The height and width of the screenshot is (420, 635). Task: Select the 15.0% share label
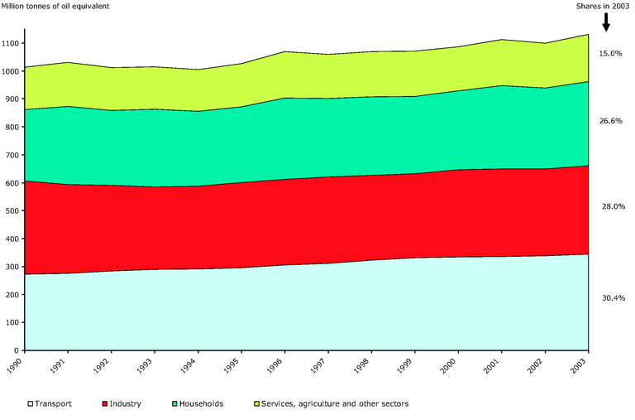(x=610, y=53)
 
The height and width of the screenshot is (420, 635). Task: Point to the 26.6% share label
(x=610, y=120)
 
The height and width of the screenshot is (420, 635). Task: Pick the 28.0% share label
(x=610, y=206)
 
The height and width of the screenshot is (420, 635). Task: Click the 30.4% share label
(x=610, y=297)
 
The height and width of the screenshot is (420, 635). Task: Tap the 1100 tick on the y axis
(x=12, y=43)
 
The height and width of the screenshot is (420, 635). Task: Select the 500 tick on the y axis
(x=14, y=211)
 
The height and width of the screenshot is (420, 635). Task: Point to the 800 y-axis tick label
(x=14, y=128)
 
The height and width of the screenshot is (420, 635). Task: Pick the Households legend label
(x=201, y=404)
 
